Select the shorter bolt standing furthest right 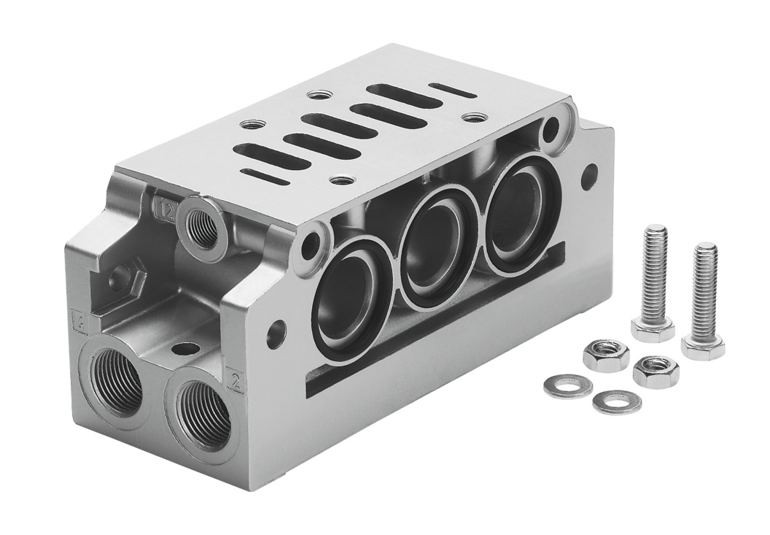(x=704, y=299)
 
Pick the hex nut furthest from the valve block (x=655, y=371)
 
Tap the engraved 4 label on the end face (x=77, y=318)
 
